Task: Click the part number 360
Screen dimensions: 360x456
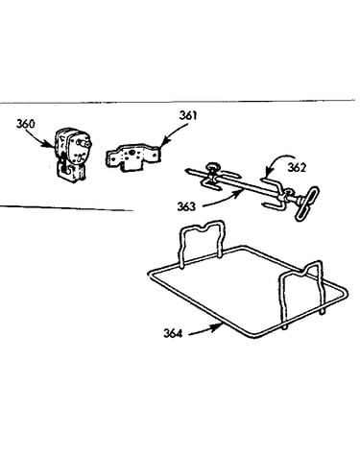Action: pyautogui.click(x=26, y=124)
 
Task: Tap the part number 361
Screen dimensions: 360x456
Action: pyautogui.click(x=188, y=115)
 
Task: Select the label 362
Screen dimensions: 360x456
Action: pyautogui.click(x=297, y=167)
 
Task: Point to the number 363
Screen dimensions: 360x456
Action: pyautogui.click(x=186, y=206)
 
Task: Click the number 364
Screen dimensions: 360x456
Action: pyautogui.click(x=173, y=333)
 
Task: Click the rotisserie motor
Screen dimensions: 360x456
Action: pyautogui.click(x=72, y=156)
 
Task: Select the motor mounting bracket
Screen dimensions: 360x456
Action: pyautogui.click(x=132, y=157)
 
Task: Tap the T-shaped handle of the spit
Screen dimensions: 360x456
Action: pyautogui.click(x=306, y=204)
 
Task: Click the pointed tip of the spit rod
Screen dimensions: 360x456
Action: pyautogui.click(x=186, y=171)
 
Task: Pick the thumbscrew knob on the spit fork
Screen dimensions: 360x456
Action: pyautogui.click(x=211, y=167)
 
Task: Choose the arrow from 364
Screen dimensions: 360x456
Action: pyautogui.click(x=205, y=329)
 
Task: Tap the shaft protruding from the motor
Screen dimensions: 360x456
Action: pyautogui.click(x=84, y=143)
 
